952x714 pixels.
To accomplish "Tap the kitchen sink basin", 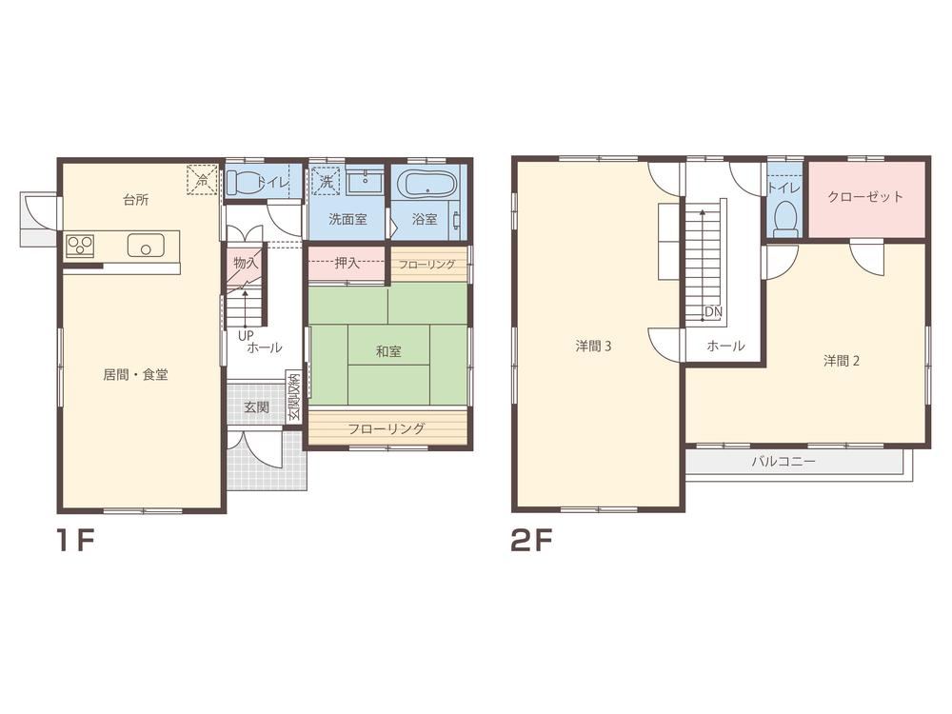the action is (146, 246).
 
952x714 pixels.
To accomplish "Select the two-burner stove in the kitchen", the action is (80, 246).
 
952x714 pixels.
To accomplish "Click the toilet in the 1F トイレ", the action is (244, 182).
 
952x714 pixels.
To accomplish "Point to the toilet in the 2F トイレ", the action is (786, 216).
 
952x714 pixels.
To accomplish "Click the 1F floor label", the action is (74, 540).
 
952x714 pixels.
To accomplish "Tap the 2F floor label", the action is (532, 540).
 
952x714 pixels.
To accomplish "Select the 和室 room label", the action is (388, 351).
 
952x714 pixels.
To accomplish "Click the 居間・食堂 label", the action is (135, 374).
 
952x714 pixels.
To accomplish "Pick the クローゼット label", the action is (865, 196).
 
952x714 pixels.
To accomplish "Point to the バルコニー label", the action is (783, 462).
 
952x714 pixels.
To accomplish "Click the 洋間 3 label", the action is (593, 347).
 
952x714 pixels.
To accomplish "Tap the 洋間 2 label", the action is (841, 361).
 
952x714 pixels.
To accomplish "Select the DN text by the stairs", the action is (714, 312).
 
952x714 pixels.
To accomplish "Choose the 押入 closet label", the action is (347, 264).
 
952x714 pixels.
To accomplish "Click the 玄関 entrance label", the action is (256, 407).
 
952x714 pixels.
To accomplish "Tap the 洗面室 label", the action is (347, 219).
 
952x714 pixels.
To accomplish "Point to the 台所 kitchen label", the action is (136, 200).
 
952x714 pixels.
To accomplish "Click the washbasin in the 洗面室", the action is (365, 181).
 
